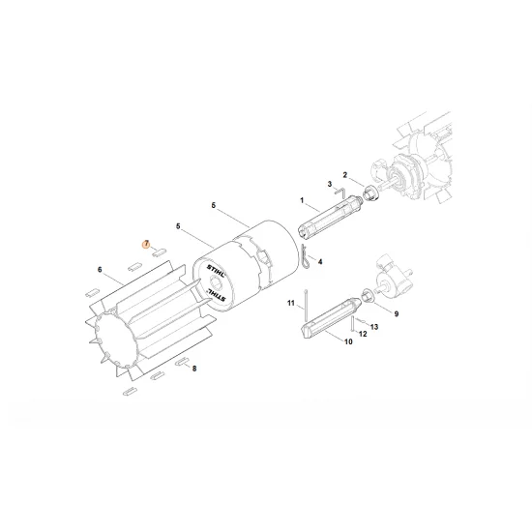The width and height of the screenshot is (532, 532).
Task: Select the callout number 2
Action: point(344,174)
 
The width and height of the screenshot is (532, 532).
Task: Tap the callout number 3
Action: point(329,184)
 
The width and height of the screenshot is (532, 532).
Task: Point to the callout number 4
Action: point(320,261)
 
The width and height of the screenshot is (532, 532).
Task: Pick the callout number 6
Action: point(100,270)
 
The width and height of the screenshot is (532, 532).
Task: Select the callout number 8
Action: point(194,369)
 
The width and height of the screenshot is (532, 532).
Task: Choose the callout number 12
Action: point(363,334)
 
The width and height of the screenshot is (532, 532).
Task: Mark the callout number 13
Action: point(374,327)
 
